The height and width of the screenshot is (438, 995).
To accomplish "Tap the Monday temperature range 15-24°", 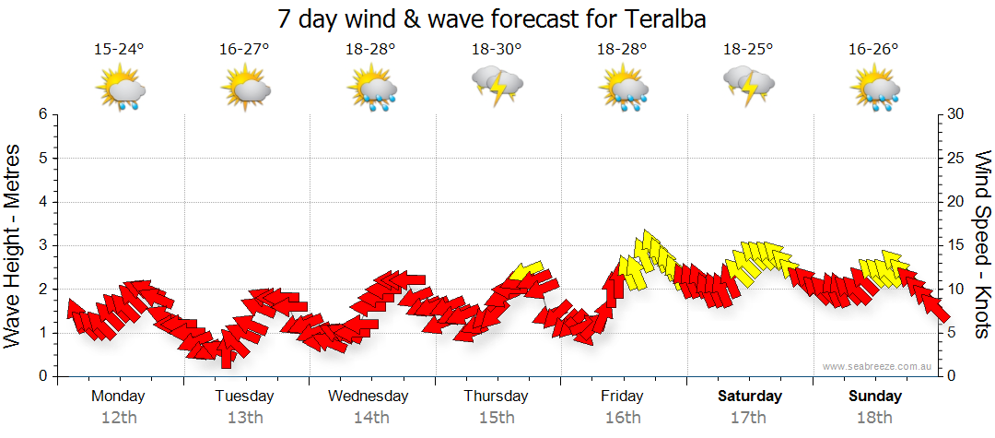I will click(120, 50).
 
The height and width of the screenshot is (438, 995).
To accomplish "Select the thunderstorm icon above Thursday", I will click(497, 86).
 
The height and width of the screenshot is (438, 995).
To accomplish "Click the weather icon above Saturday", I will click(749, 86).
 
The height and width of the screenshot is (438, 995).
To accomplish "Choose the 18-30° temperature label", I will click(497, 50).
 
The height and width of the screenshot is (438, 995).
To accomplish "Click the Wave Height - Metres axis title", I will click(15, 244).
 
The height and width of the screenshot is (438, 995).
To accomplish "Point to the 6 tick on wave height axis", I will click(42, 114).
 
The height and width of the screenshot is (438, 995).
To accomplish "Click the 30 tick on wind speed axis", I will click(955, 114).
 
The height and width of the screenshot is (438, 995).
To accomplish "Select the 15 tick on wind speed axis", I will click(955, 245).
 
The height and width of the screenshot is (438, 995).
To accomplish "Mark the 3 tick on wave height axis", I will click(42, 245).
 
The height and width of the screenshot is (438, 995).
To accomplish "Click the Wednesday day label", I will click(369, 397).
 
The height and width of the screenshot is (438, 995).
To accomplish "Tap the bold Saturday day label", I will click(749, 397).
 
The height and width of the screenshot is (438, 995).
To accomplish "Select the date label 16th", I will click(623, 417).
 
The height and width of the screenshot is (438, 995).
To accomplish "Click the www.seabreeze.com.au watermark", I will click(877, 366).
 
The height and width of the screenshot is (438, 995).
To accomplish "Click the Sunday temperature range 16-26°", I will click(874, 50).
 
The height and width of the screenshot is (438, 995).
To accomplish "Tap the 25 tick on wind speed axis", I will click(955, 158).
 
